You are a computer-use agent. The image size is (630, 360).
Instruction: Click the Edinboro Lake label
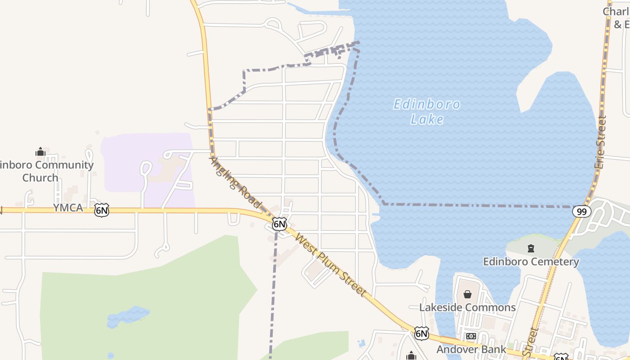[x=427, y=111]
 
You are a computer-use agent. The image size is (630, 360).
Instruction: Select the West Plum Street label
[x=330, y=264]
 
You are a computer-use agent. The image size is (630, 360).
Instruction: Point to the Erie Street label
[x=600, y=142]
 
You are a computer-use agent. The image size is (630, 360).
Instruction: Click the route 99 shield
[x=581, y=211]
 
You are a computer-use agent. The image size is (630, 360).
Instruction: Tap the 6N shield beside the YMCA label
[x=102, y=210]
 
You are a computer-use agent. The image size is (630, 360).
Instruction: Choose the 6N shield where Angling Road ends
[x=279, y=223]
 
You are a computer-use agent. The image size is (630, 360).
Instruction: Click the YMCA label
[x=68, y=207]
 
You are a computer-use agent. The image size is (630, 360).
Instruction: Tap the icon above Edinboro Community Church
[x=40, y=152]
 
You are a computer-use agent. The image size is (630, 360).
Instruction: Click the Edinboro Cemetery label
[x=531, y=261]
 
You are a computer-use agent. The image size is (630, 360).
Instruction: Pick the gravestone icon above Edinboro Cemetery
[x=531, y=248]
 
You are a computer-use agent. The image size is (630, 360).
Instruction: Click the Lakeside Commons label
[x=468, y=307]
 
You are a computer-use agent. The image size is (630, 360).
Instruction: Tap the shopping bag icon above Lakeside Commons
[x=468, y=294]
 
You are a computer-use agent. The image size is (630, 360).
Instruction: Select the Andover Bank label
[x=471, y=349]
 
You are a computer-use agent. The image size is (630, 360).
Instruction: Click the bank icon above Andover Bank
[x=471, y=336]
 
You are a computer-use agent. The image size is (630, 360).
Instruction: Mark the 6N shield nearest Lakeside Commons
[x=421, y=333]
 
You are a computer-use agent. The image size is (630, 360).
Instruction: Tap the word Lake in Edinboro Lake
[x=427, y=119]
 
